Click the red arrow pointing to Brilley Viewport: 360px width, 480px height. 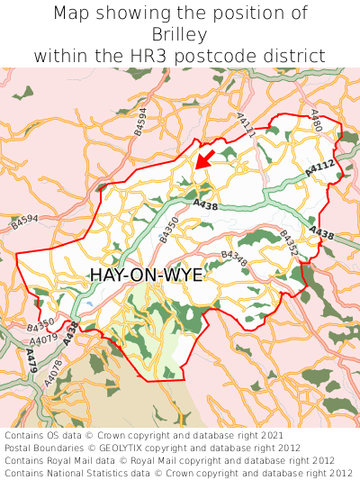coord(204,158)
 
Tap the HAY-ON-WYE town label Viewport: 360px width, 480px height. coord(147,276)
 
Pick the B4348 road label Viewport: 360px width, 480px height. coord(234,258)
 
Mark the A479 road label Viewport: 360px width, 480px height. coord(32,362)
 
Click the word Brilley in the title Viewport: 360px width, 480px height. coord(180,34)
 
